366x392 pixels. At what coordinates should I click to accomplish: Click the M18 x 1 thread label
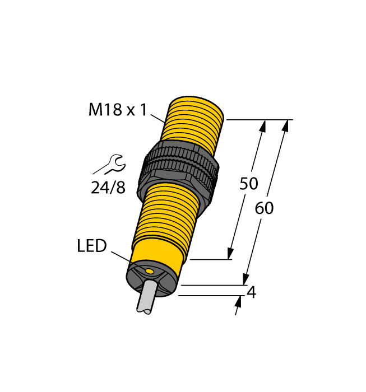pyautogui.click(x=118, y=110)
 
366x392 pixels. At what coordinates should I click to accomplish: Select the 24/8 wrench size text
pyautogui.click(x=108, y=187)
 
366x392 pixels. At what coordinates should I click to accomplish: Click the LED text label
pyautogui.click(x=92, y=246)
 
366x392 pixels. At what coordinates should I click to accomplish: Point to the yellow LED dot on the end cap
pyautogui.click(x=149, y=272)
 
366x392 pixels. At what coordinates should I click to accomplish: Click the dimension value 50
pyautogui.click(x=249, y=184)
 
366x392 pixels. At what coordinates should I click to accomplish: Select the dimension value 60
pyautogui.click(x=264, y=208)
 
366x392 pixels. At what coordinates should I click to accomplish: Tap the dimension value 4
pyautogui.click(x=252, y=292)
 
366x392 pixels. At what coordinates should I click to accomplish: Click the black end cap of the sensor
pyautogui.click(x=152, y=279)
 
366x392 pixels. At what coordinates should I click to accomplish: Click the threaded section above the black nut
pyautogui.click(x=193, y=122)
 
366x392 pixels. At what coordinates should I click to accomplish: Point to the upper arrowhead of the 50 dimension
pyautogui.click(x=262, y=127)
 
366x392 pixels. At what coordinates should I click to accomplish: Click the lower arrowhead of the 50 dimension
pyautogui.click(x=230, y=253)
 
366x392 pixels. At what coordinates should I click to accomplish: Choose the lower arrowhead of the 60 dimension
pyautogui.click(x=245, y=279)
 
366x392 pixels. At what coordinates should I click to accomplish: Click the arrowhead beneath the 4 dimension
pyautogui.click(x=238, y=302)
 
